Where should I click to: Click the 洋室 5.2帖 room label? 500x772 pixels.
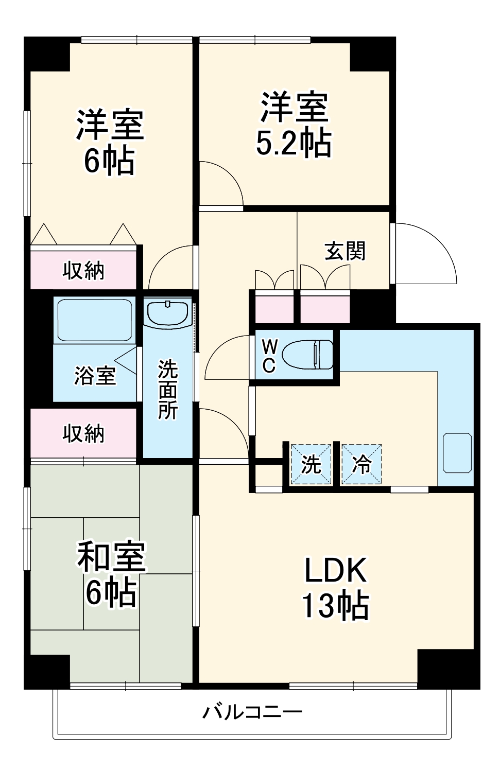point(294,124)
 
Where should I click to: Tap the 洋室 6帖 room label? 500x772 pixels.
point(110,142)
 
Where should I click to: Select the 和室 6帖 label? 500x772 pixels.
point(111,573)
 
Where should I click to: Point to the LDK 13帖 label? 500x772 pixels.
point(335,587)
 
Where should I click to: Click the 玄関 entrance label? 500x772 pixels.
point(345,251)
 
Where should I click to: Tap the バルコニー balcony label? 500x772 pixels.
point(252,712)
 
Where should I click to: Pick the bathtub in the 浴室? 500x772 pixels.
point(94,320)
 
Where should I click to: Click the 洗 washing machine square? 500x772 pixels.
point(311,465)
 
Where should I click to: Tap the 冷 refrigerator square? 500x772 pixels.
point(361,465)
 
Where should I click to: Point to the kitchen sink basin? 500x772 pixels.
point(457,453)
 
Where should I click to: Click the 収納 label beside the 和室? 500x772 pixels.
point(83,433)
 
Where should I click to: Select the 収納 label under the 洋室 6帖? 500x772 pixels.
point(83,270)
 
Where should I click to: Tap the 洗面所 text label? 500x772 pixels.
point(168,389)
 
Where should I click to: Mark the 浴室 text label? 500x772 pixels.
point(95,375)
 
